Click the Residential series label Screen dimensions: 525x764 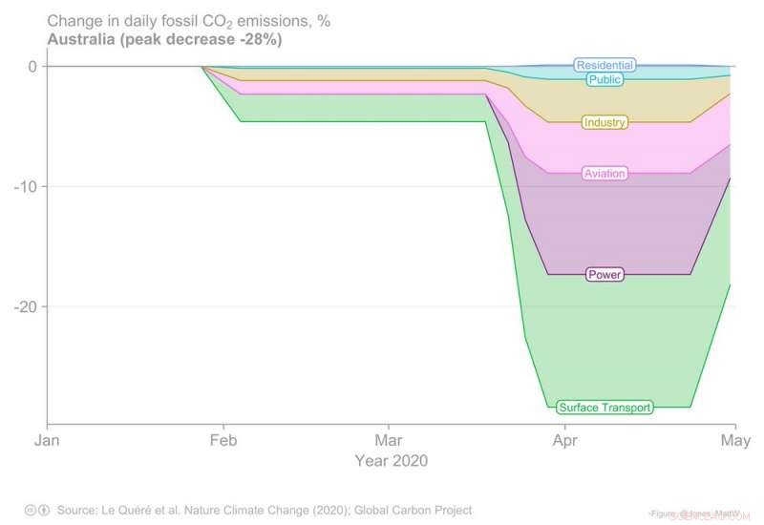(x=605, y=65)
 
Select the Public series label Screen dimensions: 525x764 (x=605, y=80)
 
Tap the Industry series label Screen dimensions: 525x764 (x=604, y=123)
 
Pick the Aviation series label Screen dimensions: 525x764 (x=604, y=174)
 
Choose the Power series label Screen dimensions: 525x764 (x=604, y=275)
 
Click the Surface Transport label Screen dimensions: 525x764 (x=605, y=408)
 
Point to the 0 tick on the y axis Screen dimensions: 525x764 (x=32, y=66)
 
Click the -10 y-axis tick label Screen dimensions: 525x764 (x=25, y=186)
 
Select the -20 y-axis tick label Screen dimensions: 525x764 (x=25, y=306)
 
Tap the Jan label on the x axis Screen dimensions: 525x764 (x=47, y=442)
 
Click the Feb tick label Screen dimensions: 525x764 (x=223, y=442)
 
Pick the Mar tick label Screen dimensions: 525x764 (x=388, y=442)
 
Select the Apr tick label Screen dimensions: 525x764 (x=564, y=442)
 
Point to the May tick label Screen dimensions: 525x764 (x=733, y=442)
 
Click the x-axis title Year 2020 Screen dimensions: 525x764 (x=391, y=460)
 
